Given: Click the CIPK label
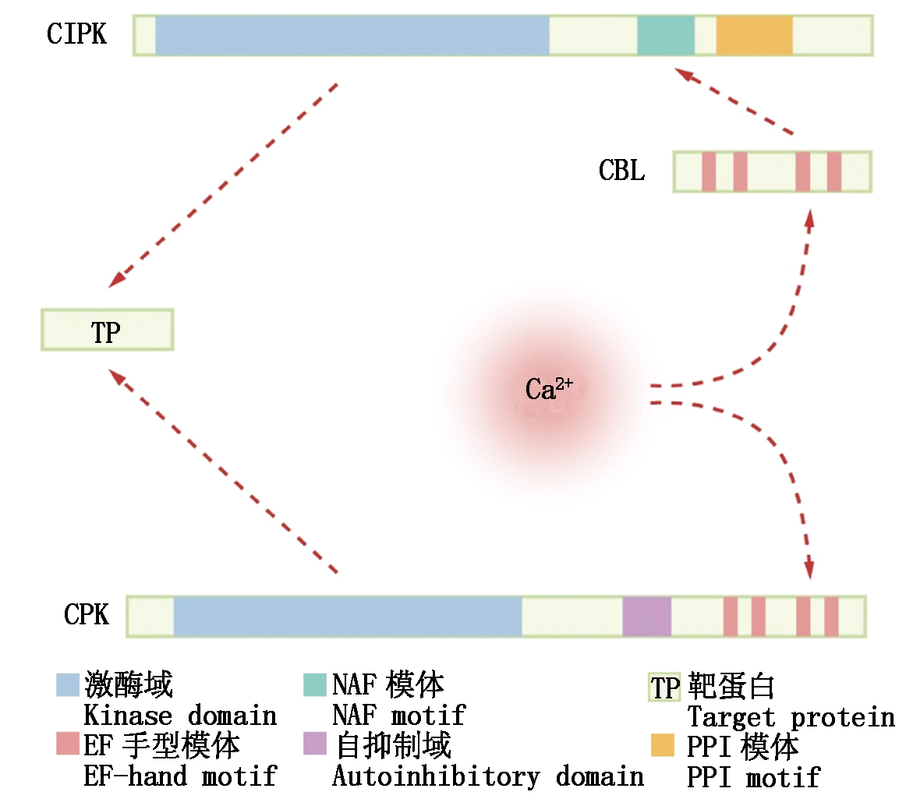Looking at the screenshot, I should coord(76,35).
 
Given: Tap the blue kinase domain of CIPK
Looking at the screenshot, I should coord(352,35).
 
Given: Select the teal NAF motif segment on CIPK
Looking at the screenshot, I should coord(665,35).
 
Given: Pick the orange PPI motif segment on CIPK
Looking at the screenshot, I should coord(754,35).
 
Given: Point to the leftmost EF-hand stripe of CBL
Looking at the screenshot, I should coord(709,171).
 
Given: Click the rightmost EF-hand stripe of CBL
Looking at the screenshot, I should coord(833,171).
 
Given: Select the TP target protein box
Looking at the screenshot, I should coord(107,330).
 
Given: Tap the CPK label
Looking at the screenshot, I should coord(87,615).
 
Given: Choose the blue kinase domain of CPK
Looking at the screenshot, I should coord(347,616).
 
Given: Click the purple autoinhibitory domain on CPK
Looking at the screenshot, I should coord(646,616).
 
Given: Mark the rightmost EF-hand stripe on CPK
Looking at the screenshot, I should coord(831,616).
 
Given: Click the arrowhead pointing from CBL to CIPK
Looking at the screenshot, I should coord(683,73).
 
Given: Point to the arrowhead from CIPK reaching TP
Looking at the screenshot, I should coord(118,278).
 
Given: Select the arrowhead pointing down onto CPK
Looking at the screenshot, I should coord(809,570).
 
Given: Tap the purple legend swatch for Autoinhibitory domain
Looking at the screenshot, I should coord(314,744).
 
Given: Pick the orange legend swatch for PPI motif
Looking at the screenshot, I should coord(662,745).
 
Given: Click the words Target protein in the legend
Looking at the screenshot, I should coord(791,717).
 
